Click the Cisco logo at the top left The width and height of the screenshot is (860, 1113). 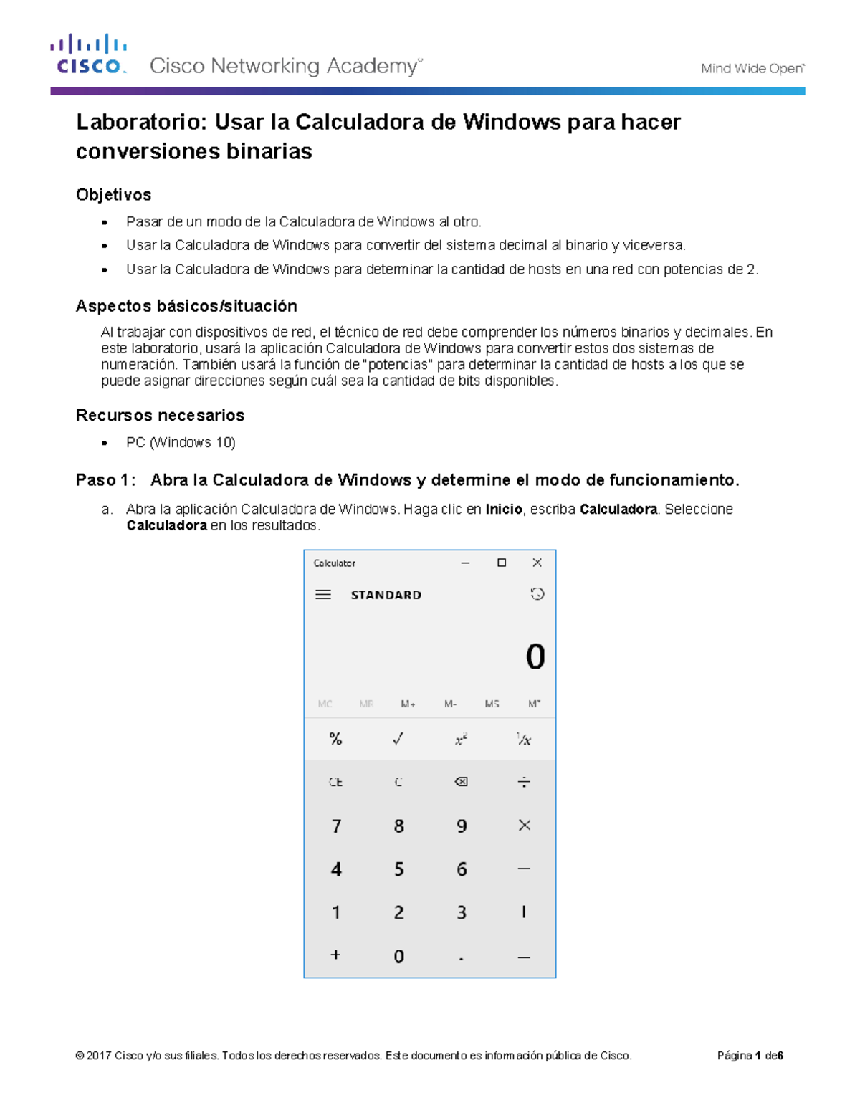coord(88,54)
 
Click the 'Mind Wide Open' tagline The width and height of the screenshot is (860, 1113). coord(752,69)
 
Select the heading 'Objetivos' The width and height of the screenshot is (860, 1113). coord(113,195)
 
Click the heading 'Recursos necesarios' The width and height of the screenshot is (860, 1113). coord(160,416)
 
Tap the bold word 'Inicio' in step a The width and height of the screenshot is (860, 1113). coord(504,510)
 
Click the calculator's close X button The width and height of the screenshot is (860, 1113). coord(537,563)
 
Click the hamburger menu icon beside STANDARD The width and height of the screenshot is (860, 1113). coord(323,595)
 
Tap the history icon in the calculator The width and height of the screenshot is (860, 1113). coord(537,594)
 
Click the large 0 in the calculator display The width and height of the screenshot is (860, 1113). coord(535,657)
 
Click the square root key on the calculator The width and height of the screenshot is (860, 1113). coord(398,739)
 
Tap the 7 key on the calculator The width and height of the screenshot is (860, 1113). coord(336,826)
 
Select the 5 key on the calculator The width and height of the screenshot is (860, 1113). coord(399,869)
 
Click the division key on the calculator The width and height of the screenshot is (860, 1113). coord(524,782)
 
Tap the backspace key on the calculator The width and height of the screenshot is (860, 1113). coord(462,782)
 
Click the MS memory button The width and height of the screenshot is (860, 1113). coord(492,704)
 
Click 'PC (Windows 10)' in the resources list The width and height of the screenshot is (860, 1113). coord(181,443)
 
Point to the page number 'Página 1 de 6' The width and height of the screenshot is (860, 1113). coord(750,1056)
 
